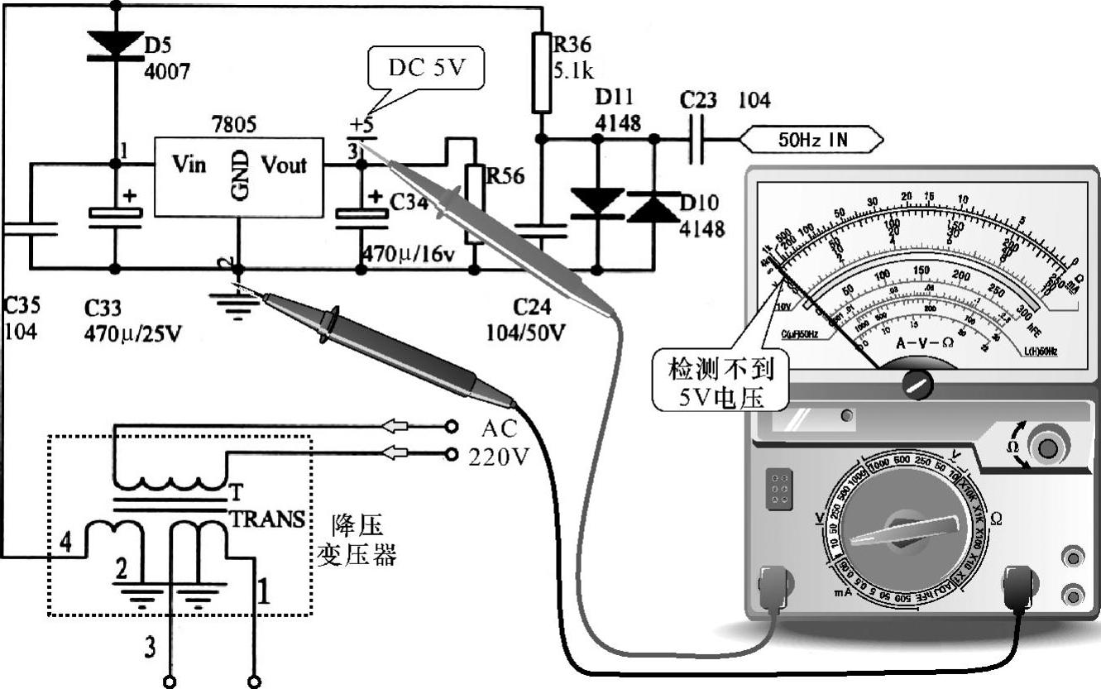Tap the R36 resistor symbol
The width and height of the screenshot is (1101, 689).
541,72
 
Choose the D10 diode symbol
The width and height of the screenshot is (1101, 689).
653,207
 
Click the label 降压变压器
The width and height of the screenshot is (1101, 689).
357,539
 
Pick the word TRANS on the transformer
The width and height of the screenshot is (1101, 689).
266,519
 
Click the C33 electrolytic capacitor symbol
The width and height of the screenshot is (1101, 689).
115,214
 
